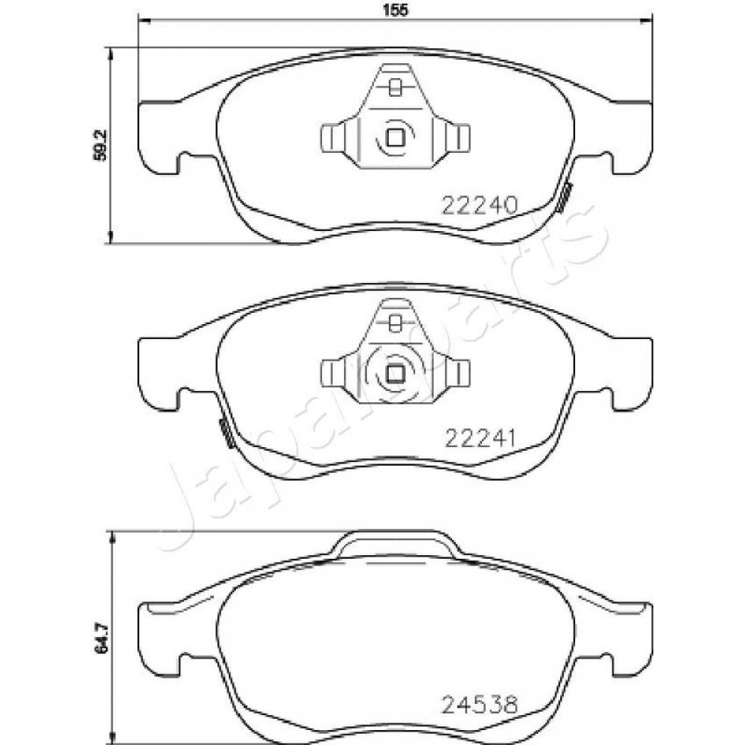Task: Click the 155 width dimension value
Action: click(396, 10)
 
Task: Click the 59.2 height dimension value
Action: click(101, 145)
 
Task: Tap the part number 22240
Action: click(479, 206)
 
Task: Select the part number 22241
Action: click(480, 438)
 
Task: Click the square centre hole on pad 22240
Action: click(396, 138)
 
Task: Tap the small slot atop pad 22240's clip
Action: click(394, 87)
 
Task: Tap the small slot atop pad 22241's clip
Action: click(394, 323)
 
